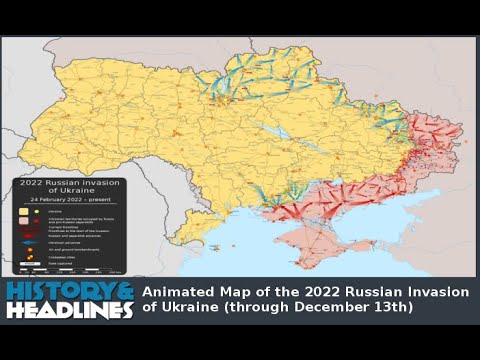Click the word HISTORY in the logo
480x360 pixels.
tap(50, 291)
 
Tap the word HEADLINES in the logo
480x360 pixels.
tap(68, 310)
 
